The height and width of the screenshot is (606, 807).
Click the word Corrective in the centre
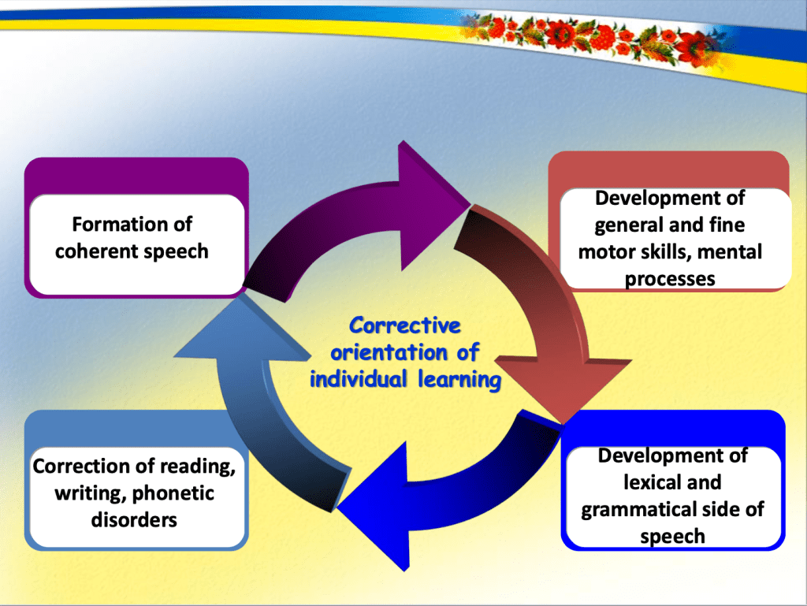coord(405,325)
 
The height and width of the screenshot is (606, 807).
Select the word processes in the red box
coord(670,278)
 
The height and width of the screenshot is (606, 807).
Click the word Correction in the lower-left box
coord(83,466)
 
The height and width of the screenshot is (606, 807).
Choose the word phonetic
coord(173,493)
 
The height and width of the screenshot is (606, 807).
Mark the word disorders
coord(133,519)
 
